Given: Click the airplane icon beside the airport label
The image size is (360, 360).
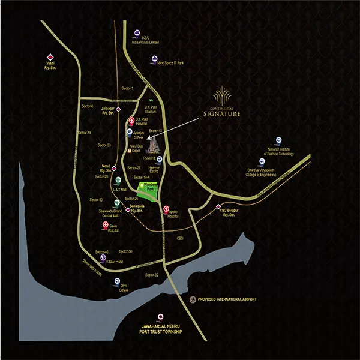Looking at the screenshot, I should pyautogui.click(x=193, y=299).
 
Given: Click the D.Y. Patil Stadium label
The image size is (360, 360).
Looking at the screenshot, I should pyautogui.click(x=146, y=110).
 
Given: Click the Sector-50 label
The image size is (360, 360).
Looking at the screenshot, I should pyautogui.click(x=125, y=251).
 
